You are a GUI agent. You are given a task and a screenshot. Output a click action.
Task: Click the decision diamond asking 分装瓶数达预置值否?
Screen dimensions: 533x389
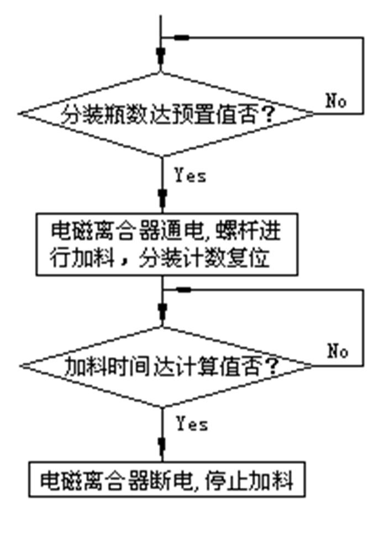click(x=166, y=114)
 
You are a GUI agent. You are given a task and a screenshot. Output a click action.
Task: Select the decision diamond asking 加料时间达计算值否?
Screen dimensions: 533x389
click(x=166, y=366)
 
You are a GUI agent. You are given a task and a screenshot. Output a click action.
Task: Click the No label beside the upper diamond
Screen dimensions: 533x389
click(x=336, y=101)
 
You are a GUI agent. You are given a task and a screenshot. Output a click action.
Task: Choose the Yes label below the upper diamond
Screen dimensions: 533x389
click(x=191, y=176)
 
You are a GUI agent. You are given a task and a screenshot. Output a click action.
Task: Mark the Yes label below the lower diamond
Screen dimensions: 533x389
click(x=192, y=424)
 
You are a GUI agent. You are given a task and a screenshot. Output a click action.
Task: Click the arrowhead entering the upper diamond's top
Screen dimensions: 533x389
click(x=161, y=55)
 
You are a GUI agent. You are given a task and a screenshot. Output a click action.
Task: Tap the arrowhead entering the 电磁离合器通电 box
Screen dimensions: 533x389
click(x=162, y=197)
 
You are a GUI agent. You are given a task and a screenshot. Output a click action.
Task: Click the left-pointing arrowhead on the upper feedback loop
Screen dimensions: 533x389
click(x=181, y=38)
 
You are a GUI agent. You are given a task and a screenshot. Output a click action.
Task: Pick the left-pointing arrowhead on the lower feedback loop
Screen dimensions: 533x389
click(x=183, y=289)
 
